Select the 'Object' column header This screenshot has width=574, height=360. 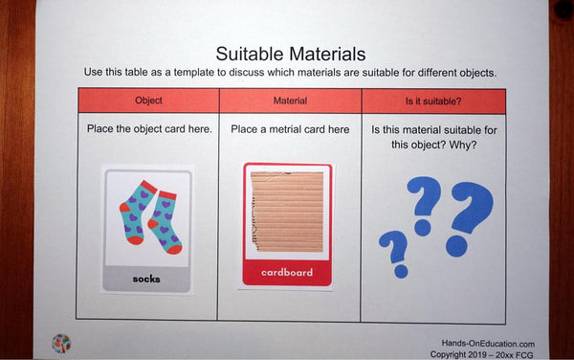[x=147, y=100]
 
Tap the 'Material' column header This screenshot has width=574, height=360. [x=289, y=100]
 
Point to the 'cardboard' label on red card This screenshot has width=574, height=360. [x=287, y=272]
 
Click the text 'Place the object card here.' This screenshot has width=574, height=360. [x=148, y=129]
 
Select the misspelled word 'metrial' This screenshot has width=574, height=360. [x=285, y=129]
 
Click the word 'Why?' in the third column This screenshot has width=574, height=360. [x=461, y=146]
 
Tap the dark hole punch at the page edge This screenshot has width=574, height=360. [x=563, y=10]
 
